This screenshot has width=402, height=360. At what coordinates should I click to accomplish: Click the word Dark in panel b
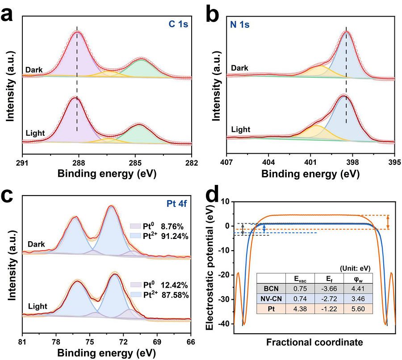239,68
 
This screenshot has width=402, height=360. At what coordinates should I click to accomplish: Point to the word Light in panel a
35,134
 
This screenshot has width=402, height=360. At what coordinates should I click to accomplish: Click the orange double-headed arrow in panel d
388,222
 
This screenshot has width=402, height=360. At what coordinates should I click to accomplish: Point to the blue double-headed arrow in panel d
264,228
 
